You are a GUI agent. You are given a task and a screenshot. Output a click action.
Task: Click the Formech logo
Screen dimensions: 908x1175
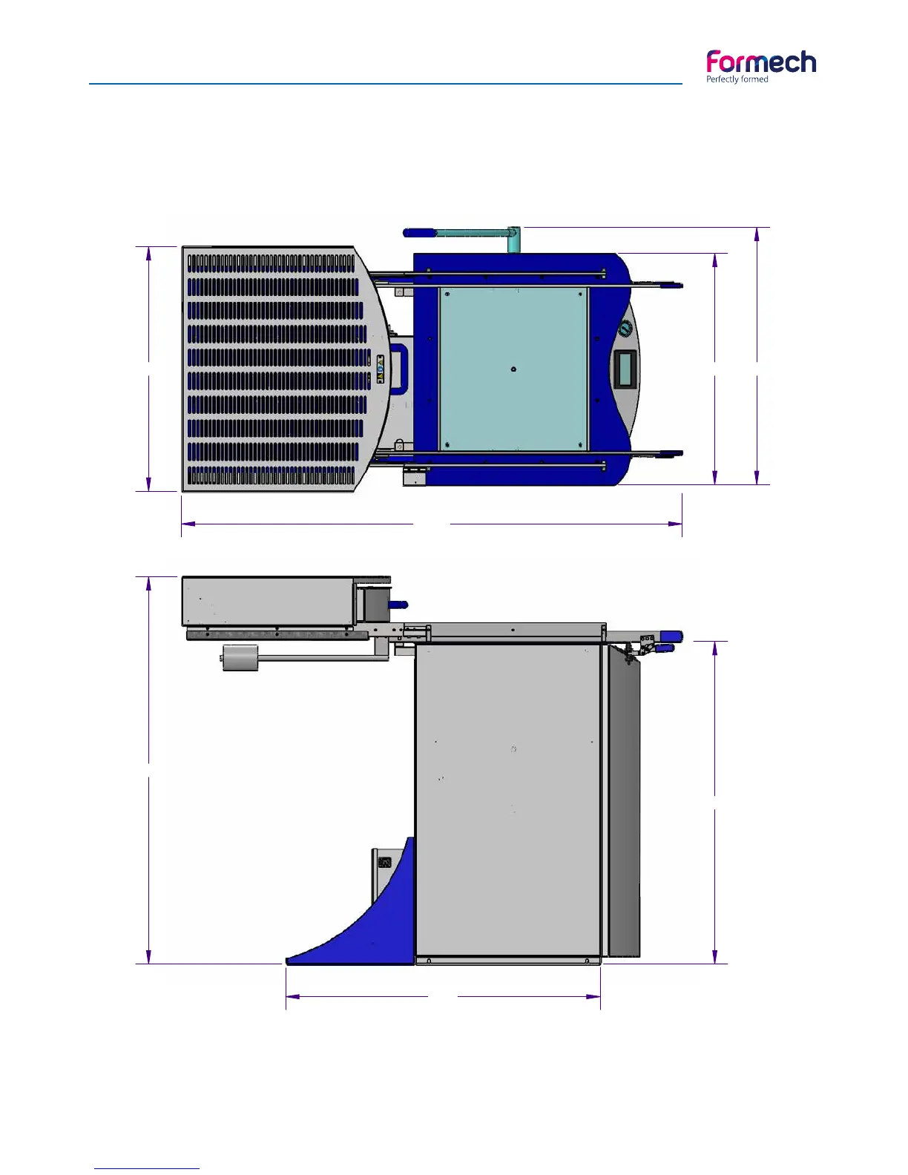[761, 67]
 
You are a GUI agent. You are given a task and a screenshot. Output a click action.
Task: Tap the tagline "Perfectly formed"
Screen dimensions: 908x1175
[737, 79]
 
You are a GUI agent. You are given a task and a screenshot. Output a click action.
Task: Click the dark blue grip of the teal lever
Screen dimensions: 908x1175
[420, 233]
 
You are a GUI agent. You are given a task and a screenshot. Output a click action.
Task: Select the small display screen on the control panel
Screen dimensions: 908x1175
[625, 368]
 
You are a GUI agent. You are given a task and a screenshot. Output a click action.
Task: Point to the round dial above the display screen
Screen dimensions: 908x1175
[625, 328]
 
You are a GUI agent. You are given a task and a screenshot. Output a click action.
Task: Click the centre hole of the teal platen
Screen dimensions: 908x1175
[513, 369]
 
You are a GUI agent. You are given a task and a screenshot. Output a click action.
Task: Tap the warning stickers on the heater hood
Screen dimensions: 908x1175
[380, 369]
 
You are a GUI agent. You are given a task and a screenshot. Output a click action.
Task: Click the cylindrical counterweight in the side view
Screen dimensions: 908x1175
[240, 657]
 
